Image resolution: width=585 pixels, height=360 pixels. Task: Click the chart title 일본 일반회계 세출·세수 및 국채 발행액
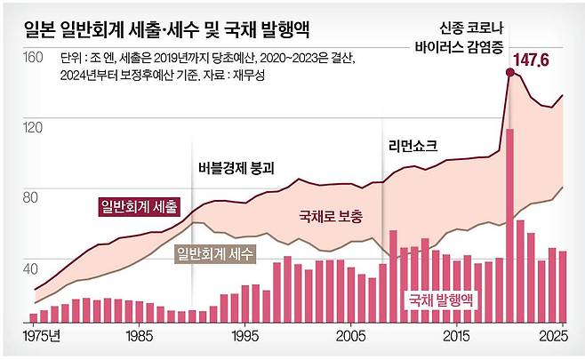pyautogui.click(x=192, y=26)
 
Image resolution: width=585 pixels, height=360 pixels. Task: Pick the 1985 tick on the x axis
pyautogui.click(x=137, y=339)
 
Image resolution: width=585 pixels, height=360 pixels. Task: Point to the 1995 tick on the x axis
pyautogui.click(x=244, y=339)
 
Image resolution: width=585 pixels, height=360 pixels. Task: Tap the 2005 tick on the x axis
pyautogui.click(x=350, y=339)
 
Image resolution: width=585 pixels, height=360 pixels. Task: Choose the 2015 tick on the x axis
pyautogui.click(x=457, y=339)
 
